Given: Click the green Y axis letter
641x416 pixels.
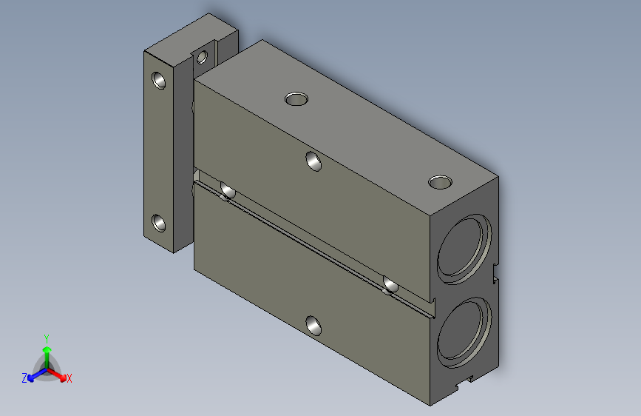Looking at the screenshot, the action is (x=47, y=338).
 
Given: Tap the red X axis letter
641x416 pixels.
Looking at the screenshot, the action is (x=69, y=379).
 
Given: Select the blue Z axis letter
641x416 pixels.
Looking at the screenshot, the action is (x=24, y=378).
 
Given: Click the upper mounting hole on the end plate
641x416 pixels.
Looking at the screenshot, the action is (x=159, y=80).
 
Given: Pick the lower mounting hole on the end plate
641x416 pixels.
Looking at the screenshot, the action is (x=159, y=223).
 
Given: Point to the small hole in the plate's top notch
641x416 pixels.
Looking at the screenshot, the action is (x=202, y=57).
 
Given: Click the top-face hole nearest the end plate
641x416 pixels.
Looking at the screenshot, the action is (x=296, y=98).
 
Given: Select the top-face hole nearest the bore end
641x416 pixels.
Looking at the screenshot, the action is (x=440, y=182).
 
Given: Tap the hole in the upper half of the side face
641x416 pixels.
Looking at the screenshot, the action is (x=313, y=161).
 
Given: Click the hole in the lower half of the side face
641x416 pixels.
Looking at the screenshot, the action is (x=313, y=326).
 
